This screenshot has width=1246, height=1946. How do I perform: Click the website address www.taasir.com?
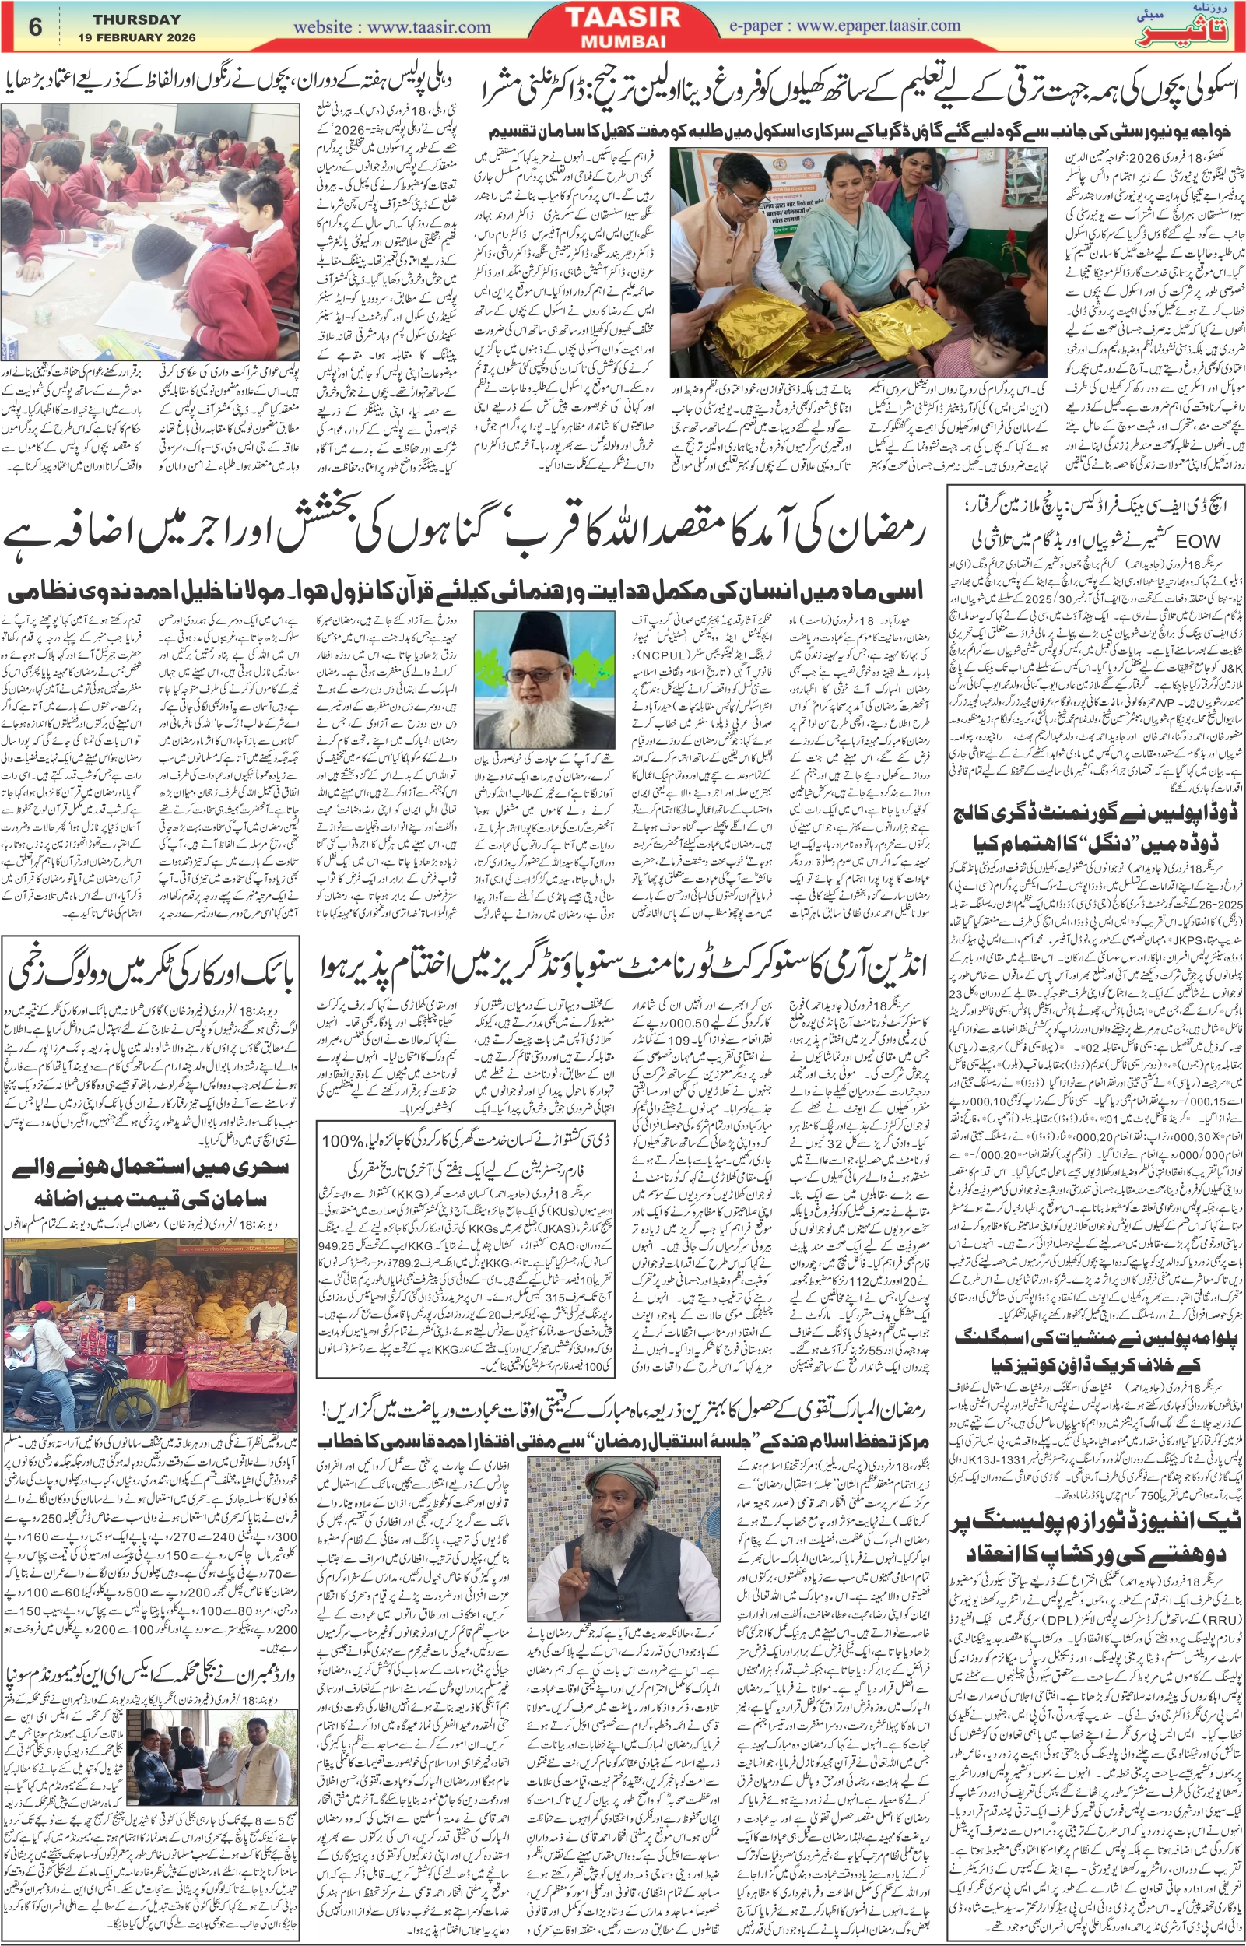tap(391, 26)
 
